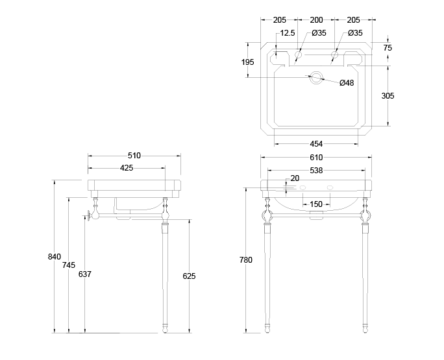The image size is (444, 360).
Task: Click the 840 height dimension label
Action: click(x=55, y=257)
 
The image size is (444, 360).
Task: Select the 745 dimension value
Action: click(x=68, y=265)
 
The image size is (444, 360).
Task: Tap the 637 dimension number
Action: click(x=84, y=274)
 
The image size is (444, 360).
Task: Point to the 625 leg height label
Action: click(x=189, y=276)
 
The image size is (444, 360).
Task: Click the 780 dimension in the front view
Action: click(x=245, y=259)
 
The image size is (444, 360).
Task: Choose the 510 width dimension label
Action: click(x=134, y=156)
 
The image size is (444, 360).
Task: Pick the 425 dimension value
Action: click(x=127, y=168)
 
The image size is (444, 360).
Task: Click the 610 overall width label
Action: click(x=316, y=158)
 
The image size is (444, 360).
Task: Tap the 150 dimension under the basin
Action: click(x=315, y=204)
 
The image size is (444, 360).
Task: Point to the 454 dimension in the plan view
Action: click(x=316, y=143)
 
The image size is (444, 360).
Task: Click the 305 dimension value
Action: click(x=388, y=96)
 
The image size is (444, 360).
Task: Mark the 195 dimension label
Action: click(x=247, y=62)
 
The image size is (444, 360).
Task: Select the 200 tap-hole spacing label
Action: click(x=316, y=20)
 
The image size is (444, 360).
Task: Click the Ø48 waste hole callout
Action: click(x=347, y=82)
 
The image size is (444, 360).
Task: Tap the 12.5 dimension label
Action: click(x=288, y=33)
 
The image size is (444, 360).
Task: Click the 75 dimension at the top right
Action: click(x=388, y=47)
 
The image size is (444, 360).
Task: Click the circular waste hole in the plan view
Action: click(x=316, y=78)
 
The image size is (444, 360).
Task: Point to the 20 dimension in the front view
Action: click(x=295, y=178)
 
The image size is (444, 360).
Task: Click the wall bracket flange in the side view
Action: click(x=88, y=215)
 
